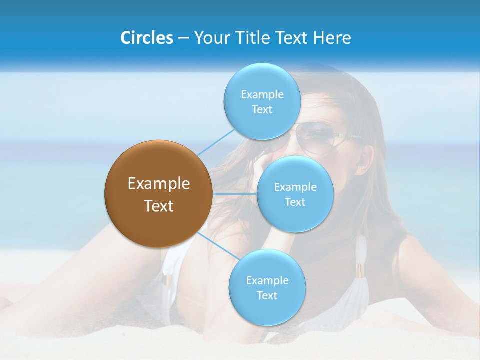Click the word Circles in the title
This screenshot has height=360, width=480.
147,37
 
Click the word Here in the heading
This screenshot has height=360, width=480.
332,37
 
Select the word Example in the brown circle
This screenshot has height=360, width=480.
159,184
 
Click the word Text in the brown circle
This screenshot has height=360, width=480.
159,206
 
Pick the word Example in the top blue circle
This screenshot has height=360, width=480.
262,94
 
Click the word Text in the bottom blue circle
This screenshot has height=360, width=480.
267,295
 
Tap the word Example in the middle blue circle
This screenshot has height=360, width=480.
295,187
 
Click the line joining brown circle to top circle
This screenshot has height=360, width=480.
216,142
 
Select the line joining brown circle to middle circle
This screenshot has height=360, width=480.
234,193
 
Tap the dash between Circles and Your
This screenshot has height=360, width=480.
183,38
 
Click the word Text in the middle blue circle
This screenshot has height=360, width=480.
295,202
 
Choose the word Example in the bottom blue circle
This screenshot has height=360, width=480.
267,280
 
